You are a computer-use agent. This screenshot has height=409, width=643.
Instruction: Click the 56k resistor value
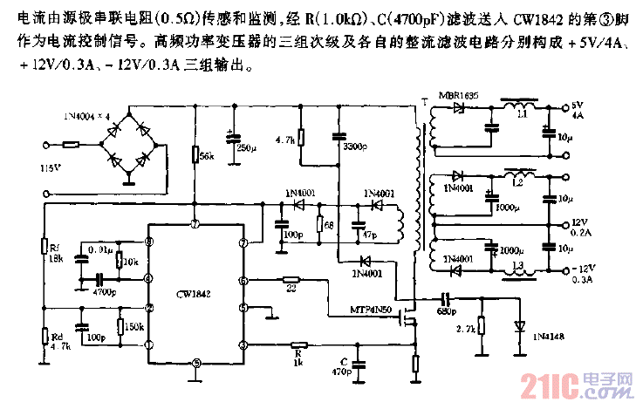pyautogui.click(x=208, y=156)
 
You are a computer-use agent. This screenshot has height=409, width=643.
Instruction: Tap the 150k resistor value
pyautogui.click(x=135, y=326)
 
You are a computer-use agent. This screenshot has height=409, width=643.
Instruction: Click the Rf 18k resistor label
pyautogui.click(x=56, y=253)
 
